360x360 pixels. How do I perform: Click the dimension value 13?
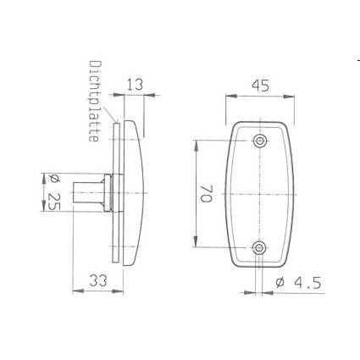[136, 85]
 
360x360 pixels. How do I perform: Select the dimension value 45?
[261, 86]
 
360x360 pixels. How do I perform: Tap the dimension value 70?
[206, 194]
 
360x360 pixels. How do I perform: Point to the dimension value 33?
[98, 280]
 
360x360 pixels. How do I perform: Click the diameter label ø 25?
[54, 193]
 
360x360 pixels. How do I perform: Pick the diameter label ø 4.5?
[298, 283]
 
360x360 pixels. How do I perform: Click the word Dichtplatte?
[94, 101]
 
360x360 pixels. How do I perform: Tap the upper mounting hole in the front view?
[260, 141]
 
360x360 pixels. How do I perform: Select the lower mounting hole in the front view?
[260, 248]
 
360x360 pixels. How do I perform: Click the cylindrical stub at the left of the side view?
[89, 192]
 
